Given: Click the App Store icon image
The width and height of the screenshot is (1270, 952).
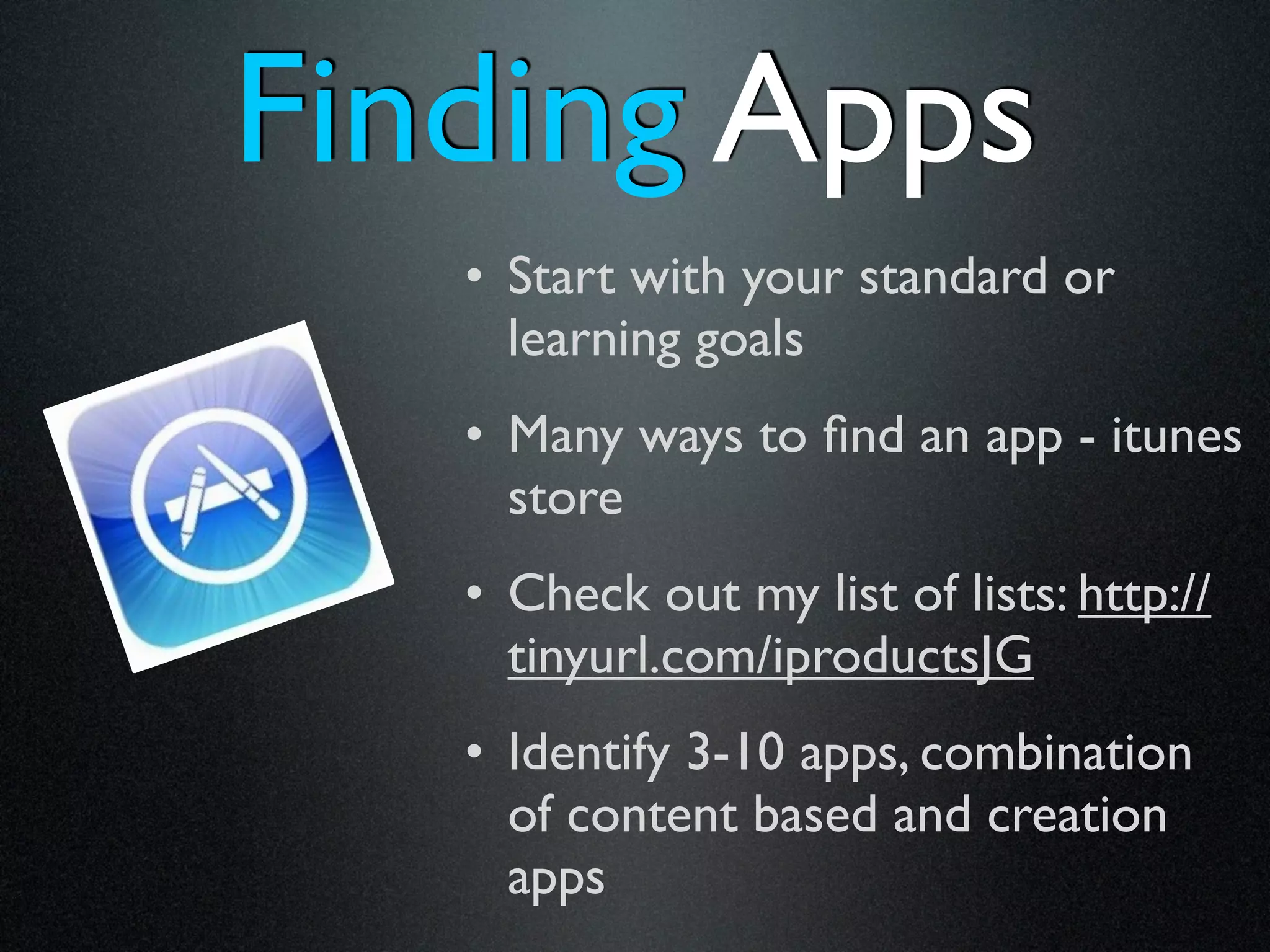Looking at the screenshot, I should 218,496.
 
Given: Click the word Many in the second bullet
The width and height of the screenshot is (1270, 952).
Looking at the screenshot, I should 565,438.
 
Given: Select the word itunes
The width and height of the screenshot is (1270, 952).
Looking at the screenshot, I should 1176,436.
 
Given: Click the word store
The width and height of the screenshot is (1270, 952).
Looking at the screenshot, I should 565,499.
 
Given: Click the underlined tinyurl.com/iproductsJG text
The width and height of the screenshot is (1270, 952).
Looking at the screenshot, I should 770,657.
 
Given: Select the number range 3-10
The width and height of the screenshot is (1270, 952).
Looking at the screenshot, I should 735,752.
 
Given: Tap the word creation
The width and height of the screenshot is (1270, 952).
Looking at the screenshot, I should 1077,816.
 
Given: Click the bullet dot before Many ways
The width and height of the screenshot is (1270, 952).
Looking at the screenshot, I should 474,434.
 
